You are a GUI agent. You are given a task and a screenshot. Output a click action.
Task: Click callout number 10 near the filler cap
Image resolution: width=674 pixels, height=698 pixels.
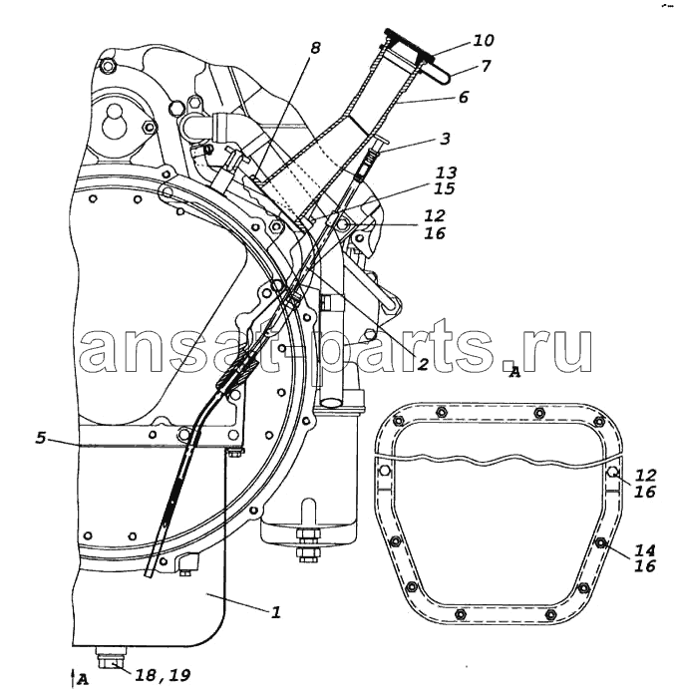point(484,41)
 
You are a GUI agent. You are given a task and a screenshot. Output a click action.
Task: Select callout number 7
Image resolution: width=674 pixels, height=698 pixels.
point(486,66)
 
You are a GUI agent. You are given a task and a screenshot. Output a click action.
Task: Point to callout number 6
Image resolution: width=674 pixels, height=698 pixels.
point(463,97)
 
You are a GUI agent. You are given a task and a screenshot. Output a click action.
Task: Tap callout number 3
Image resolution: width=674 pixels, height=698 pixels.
point(445,139)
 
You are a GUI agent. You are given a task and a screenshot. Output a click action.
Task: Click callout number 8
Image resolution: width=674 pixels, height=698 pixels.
point(315,48)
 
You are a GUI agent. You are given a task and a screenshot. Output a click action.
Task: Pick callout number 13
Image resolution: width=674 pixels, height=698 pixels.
point(446,173)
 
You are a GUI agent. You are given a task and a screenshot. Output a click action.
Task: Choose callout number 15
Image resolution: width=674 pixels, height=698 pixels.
point(445,188)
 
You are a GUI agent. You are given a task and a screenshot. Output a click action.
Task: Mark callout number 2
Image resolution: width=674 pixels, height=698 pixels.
point(422,364)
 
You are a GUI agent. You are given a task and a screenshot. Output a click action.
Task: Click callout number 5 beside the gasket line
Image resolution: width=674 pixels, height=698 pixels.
point(41,438)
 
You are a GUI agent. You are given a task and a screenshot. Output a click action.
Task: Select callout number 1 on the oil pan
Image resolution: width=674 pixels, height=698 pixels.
point(276,613)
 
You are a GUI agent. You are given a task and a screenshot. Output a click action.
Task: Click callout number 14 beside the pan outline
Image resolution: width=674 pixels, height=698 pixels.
point(645,550)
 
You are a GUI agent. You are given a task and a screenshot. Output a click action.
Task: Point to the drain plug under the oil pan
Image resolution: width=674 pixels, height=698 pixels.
point(111,658)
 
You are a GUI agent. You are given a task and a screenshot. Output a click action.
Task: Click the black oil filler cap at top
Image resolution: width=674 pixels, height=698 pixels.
point(410,44)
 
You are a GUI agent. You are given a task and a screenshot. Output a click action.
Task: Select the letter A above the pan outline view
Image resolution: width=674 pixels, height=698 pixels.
point(514,371)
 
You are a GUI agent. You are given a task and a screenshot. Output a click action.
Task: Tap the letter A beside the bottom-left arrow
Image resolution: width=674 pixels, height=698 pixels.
point(83,679)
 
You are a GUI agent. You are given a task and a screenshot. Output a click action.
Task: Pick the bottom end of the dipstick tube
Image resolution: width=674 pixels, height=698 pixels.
point(148,575)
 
